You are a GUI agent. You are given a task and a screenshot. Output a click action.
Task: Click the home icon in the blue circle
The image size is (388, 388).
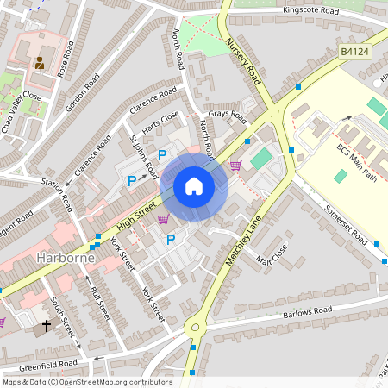point(193,186)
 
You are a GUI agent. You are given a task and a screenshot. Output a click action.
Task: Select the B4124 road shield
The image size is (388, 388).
point(354,52)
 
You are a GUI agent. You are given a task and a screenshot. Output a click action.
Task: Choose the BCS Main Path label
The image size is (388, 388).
point(357,160)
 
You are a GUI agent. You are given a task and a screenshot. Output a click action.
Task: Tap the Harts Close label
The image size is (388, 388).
point(160,122)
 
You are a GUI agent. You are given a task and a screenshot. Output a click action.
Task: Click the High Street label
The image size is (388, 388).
point(134,219)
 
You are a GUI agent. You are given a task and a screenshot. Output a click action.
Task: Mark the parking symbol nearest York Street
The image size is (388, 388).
point(171,239)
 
